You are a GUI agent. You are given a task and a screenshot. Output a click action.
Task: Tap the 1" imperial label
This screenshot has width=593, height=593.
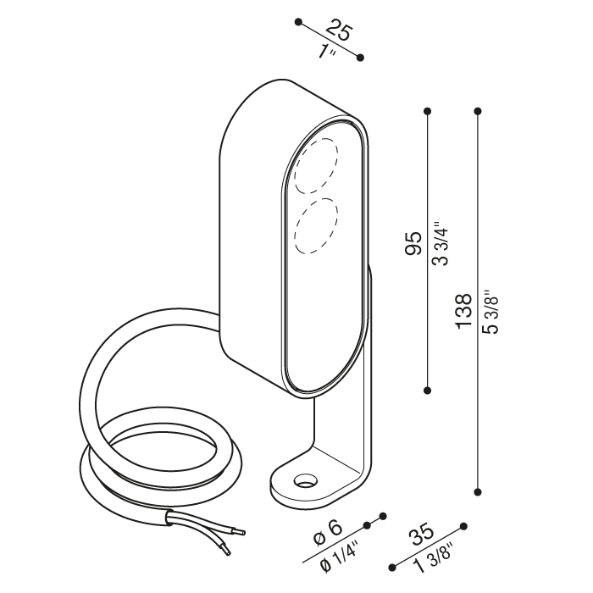pyautogui.click(x=326, y=53)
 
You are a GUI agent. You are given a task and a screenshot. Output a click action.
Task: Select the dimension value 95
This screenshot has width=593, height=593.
pyautogui.click(x=413, y=243)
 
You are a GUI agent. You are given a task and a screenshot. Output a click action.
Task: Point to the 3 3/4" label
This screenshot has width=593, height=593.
pyautogui.click(x=441, y=244)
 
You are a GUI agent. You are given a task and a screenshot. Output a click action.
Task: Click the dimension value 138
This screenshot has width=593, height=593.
pyautogui.click(x=463, y=311)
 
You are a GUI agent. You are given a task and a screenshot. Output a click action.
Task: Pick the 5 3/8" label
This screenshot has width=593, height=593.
pyautogui.click(x=490, y=312)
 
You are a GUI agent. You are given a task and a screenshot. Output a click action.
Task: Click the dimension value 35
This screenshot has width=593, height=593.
pyautogui.click(x=423, y=534)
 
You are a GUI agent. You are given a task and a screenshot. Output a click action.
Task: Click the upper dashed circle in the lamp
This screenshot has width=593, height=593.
pyautogui.click(x=317, y=166)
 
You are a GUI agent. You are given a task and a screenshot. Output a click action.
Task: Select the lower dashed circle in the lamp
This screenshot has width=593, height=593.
pyautogui.click(x=316, y=225)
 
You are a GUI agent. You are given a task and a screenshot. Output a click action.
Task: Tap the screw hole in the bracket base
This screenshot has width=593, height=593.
pyautogui.click(x=306, y=479)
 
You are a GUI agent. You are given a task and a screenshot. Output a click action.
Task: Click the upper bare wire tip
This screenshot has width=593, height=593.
pyautogui.click(x=243, y=533)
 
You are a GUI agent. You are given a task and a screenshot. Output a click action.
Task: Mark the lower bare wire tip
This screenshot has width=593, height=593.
pyautogui.click(x=227, y=552)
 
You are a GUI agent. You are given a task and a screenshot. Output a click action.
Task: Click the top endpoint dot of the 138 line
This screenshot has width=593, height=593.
pyautogui.click(x=478, y=111)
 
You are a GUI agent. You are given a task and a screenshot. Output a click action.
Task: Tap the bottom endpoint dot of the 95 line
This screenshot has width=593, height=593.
pyautogui.click(x=428, y=390)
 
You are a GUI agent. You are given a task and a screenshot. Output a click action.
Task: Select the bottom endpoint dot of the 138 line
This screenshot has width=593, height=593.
pyautogui.click(x=478, y=491)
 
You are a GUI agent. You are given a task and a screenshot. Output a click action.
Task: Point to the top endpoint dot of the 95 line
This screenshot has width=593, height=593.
pyautogui.click(x=428, y=111)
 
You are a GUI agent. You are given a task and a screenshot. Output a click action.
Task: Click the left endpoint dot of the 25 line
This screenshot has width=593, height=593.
pyautogui.click(x=299, y=22)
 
